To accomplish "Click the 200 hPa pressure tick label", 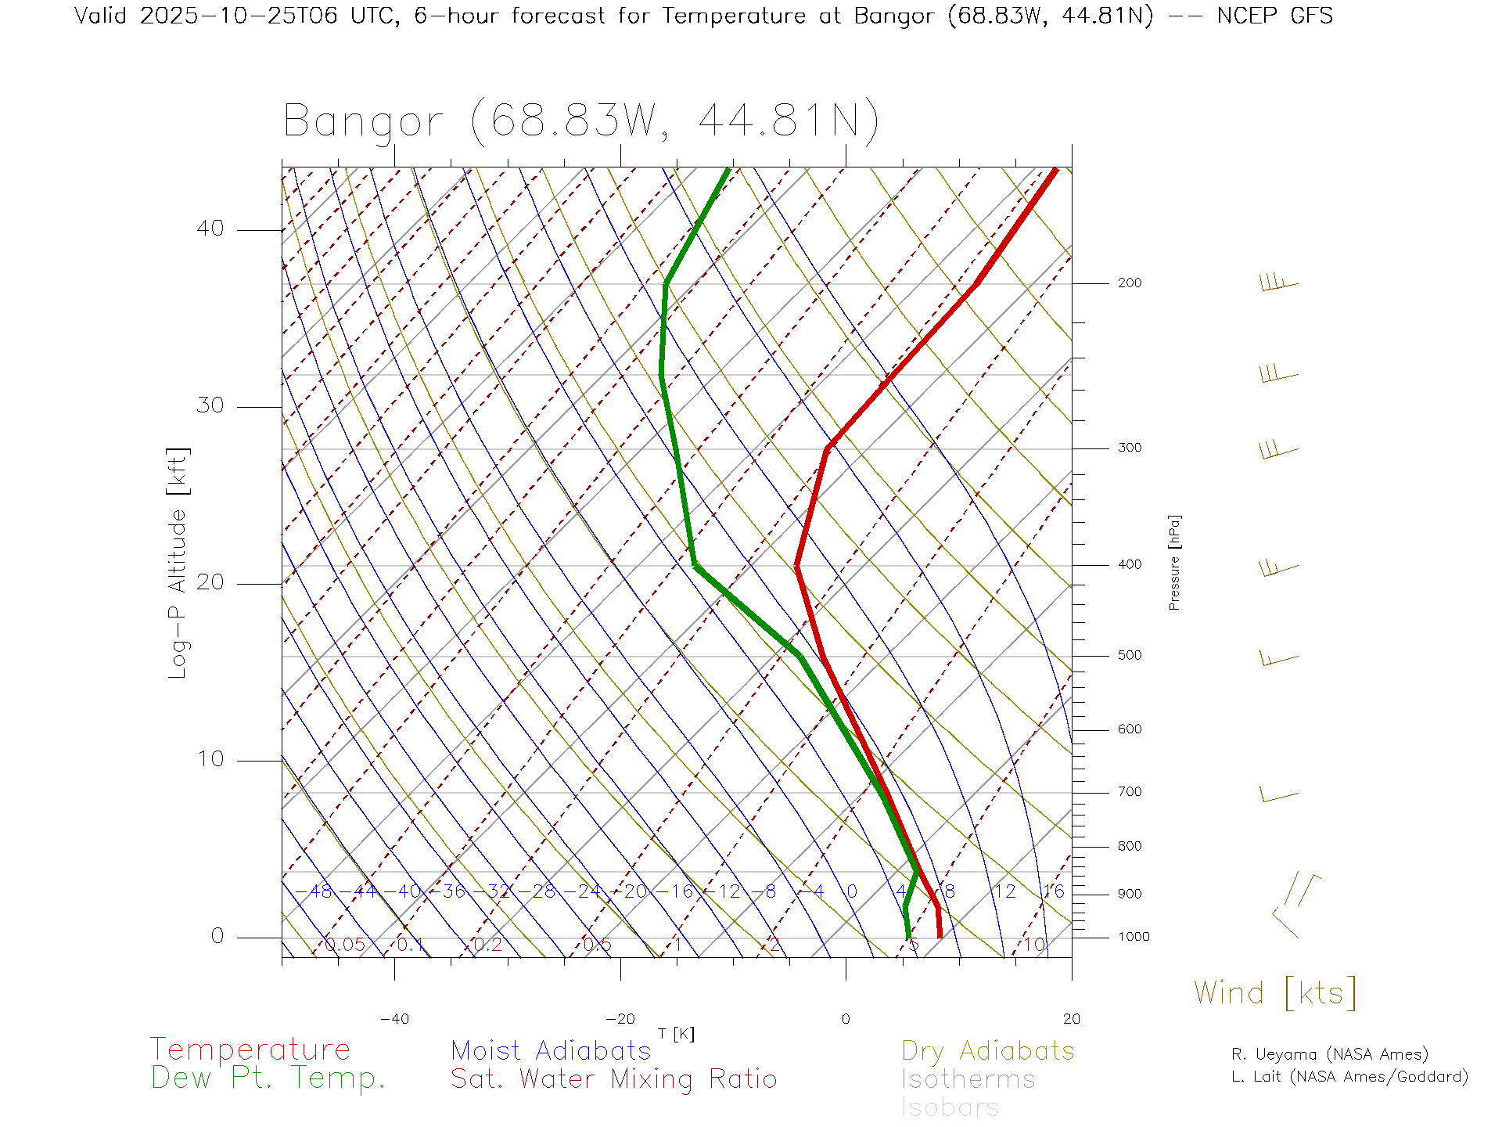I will pyautogui.click(x=1129, y=283).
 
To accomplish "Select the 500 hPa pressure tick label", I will pyautogui.click(x=1129, y=656).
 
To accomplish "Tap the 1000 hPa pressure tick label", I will pyautogui.click(x=1134, y=938).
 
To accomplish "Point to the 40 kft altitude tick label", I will pyautogui.click(x=210, y=229).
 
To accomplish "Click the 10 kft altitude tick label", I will pyautogui.click(x=210, y=759).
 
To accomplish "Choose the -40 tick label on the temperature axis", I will pyautogui.click(x=394, y=1019).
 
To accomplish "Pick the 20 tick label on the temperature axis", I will pyautogui.click(x=1071, y=1019).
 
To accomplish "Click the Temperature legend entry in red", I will pyautogui.click(x=250, y=1050).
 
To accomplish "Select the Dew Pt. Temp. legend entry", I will pyautogui.click(x=268, y=1078).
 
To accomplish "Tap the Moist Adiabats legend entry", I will pyautogui.click(x=551, y=1051).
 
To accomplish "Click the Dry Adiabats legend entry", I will pyautogui.click(x=988, y=1051).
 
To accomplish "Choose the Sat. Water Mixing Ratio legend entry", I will pyautogui.click(x=614, y=1079).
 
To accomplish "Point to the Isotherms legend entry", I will pyautogui.click(x=968, y=1080).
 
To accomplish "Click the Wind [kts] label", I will pyautogui.click(x=1274, y=993).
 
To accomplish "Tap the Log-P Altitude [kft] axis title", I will pyautogui.click(x=178, y=563).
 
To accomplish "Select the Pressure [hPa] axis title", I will pyautogui.click(x=1174, y=562).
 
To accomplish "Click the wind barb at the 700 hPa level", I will pyautogui.click(x=1279, y=796).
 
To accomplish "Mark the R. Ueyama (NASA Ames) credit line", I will pyautogui.click(x=1330, y=1054).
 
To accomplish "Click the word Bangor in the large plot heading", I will pyautogui.click(x=364, y=122).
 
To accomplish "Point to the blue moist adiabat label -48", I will pyautogui.click(x=320, y=892).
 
